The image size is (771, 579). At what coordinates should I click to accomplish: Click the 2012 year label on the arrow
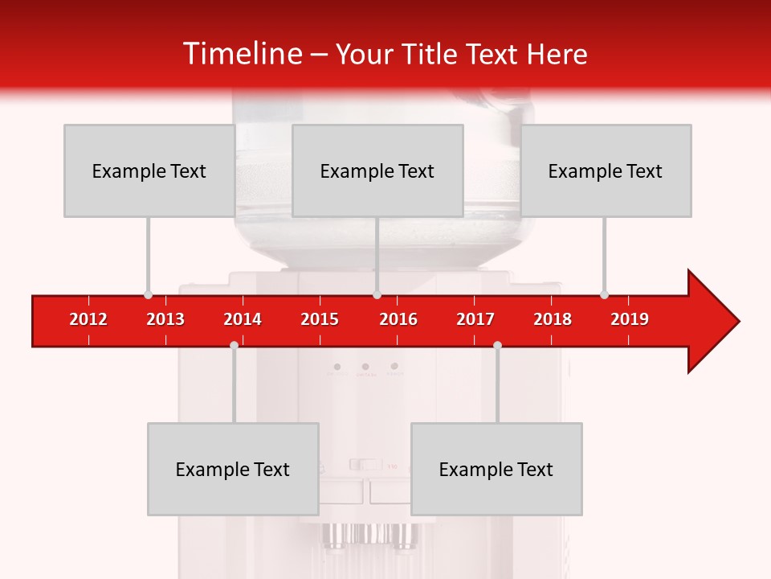tap(88, 319)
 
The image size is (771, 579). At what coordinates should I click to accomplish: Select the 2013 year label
tap(165, 319)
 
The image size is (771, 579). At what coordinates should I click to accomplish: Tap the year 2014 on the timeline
tap(243, 319)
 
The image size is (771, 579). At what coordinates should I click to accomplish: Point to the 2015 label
tap(320, 319)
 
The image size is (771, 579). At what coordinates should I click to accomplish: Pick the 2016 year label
tap(398, 319)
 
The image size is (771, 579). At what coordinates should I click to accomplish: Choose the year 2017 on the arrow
tap(475, 319)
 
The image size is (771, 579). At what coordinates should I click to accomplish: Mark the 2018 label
tap(553, 319)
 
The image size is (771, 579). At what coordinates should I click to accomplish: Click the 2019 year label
tap(630, 319)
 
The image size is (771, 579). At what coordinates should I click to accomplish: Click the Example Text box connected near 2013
tap(149, 170)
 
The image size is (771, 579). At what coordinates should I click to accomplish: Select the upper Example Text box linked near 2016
tap(377, 170)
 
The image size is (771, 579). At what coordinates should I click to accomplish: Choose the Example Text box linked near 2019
tap(606, 170)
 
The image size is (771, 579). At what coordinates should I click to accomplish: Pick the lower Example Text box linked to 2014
tap(233, 469)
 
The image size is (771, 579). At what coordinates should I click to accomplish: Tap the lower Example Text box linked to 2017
tap(496, 469)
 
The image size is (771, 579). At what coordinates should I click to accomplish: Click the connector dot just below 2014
tap(234, 345)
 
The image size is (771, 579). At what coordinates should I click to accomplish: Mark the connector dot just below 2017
tap(497, 345)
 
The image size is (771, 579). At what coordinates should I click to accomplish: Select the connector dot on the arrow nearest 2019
tap(604, 294)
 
